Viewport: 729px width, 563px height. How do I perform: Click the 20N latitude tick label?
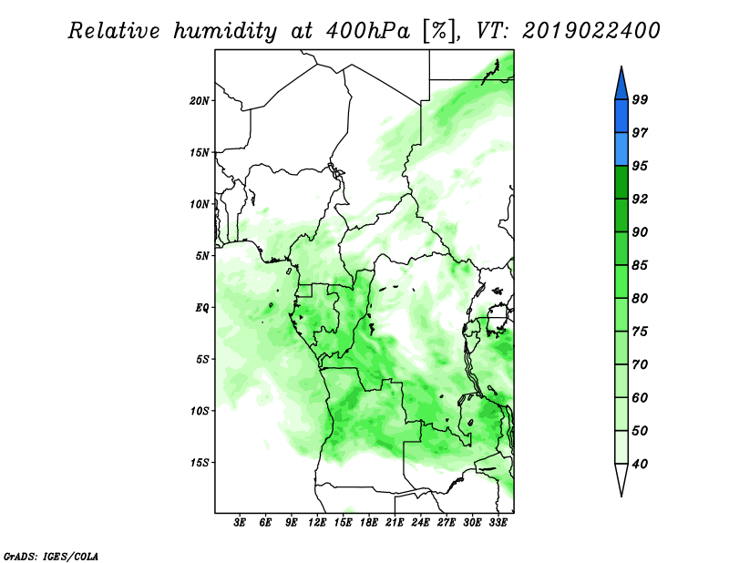199,101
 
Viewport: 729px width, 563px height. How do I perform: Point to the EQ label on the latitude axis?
202,308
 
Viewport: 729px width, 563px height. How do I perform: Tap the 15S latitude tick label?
199,463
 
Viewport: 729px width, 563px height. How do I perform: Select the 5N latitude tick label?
202,256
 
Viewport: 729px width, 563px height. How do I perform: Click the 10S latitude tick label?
199,411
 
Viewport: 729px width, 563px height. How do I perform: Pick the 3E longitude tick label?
240,523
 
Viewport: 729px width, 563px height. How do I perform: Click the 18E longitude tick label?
369,523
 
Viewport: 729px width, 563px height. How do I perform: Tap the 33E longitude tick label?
498,523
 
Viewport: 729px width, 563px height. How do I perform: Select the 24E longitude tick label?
420,523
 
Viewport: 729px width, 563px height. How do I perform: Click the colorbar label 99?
640,99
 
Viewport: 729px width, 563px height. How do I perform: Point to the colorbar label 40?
640,464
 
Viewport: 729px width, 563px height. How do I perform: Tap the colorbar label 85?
640,265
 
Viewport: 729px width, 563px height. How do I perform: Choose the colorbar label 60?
640,398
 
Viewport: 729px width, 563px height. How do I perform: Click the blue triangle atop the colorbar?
621,86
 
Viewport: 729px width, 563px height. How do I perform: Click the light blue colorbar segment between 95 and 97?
621,149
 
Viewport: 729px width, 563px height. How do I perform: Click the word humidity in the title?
225,32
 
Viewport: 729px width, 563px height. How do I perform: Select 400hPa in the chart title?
368,31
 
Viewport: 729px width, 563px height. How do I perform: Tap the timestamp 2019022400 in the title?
591,31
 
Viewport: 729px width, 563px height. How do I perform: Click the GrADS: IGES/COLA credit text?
51,557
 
